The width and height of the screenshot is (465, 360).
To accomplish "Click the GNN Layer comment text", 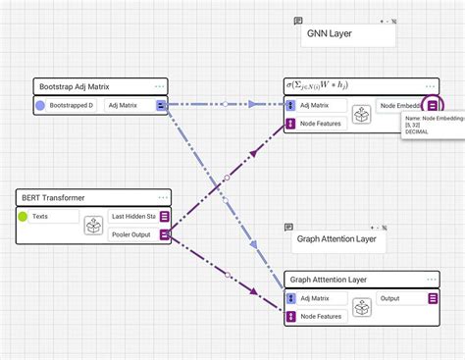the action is point(330,34).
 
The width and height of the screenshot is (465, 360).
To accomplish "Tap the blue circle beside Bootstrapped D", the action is point(40,105).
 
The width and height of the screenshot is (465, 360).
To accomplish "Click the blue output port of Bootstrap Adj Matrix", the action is point(162,105).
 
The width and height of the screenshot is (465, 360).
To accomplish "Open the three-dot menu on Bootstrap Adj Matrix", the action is point(160,86).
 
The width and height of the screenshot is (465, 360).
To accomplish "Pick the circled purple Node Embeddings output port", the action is point(434,105).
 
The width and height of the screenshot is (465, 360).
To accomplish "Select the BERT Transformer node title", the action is point(53,197).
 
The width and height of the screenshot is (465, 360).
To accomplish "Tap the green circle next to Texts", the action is point(22,217).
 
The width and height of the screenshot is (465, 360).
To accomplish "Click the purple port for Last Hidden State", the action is point(165,217).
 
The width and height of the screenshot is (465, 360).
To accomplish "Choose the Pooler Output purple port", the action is point(165,234).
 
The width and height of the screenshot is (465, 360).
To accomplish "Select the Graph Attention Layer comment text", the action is point(336,238).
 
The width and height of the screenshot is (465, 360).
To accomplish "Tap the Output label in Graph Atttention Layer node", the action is point(390,298).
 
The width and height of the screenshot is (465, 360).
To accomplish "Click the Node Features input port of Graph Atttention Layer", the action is point(290,317).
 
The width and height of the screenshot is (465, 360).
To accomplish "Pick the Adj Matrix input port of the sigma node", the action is point(290,105).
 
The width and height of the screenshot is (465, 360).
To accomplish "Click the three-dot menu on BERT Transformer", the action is point(161,197).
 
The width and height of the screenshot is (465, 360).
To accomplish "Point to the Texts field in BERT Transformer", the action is point(54,217).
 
